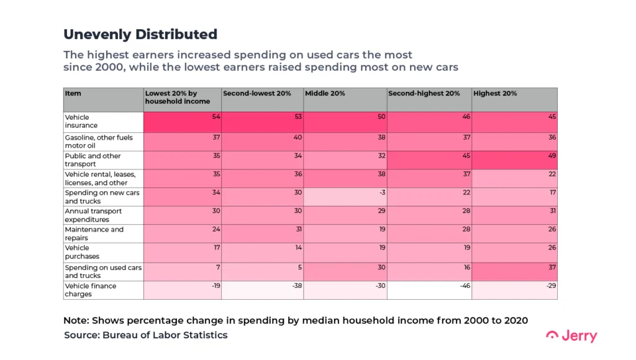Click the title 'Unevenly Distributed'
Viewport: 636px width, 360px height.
(x=140, y=34)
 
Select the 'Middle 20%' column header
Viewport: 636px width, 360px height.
(x=324, y=93)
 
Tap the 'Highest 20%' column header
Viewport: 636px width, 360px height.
(x=494, y=93)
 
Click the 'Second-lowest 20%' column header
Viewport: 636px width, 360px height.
(x=257, y=93)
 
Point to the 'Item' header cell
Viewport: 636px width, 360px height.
(x=73, y=93)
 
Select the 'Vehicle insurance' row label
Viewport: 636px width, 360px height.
(x=78, y=121)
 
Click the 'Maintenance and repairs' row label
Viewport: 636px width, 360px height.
(x=94, y=233)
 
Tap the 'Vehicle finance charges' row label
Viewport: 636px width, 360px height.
(x=90, y=290)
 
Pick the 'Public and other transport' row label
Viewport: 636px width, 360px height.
(x=93, y=160)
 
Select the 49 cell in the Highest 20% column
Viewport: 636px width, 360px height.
(x=514, y=160)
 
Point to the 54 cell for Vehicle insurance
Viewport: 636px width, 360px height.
(x=183, y=121)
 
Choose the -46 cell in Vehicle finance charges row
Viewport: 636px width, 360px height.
(x=429, y=290)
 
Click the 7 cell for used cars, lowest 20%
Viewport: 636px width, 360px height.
(x=183, y=271)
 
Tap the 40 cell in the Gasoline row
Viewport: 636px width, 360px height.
(x=262, y=141)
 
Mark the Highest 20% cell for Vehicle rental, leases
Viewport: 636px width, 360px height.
(x=514, y=178)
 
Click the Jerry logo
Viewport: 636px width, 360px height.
(x=571, y=336)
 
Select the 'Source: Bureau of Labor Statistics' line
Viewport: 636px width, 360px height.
(x=145, y=335)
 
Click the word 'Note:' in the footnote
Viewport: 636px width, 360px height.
(x=77, y=320)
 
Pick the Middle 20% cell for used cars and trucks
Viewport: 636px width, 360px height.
(x=345, y=271)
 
